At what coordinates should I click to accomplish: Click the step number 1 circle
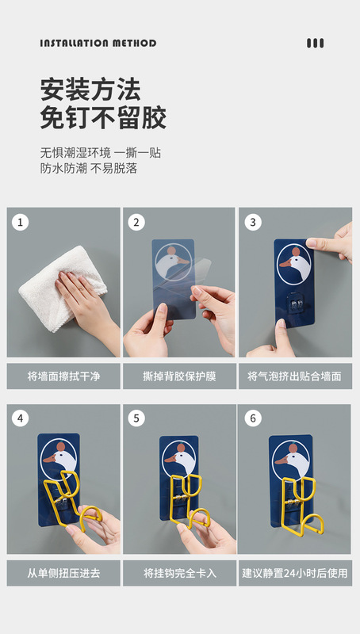[x=21, y=222]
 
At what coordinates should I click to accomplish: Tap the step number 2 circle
[x=136, y=222]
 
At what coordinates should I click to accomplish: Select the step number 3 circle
[x=253, y=222]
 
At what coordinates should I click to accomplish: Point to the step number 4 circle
[x=21, y=418]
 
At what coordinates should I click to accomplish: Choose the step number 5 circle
[x=136, y=418]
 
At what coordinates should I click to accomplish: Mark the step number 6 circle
[x=253, y=418]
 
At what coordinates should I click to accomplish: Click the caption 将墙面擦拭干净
[x=63, y=376]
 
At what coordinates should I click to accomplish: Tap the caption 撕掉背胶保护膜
[x=179, y=376]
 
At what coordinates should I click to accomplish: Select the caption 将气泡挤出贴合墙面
[x=295, y=376]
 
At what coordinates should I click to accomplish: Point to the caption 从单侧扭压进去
[x=63, y=573]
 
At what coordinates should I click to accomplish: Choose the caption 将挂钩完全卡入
[x=179, y=573]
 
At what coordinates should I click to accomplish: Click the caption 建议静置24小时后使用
[x=295, y=573]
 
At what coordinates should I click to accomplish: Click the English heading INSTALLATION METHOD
[x=98, y=44]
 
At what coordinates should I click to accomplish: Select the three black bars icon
[x=315, y=44]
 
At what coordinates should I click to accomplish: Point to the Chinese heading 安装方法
[x=90, y=90]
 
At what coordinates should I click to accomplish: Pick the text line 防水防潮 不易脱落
[x=89, y=168]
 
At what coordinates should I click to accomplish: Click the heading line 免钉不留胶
[x=103, y=117]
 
